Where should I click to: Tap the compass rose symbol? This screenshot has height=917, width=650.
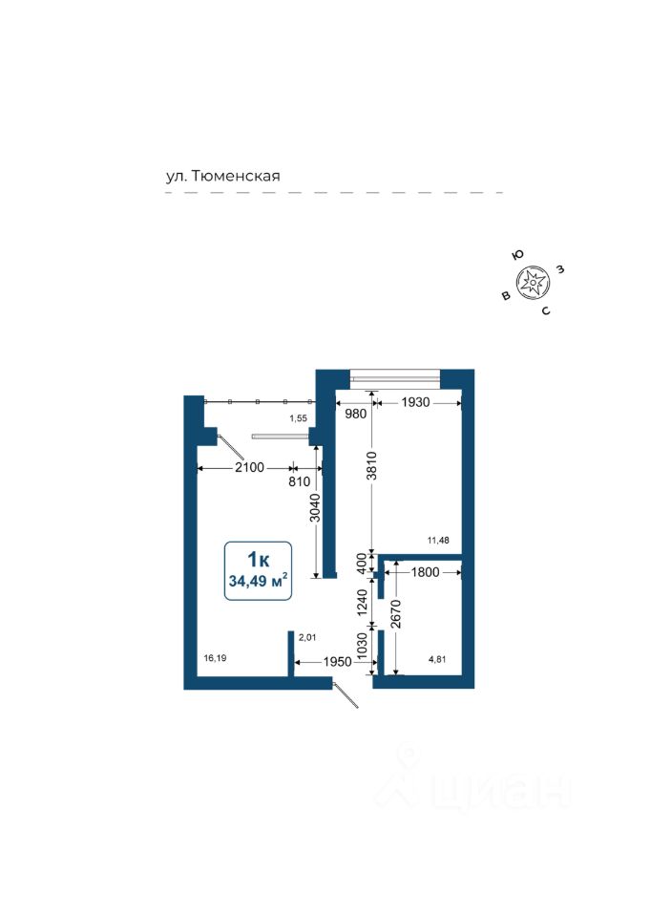pos(532,282)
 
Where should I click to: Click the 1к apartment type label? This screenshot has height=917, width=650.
pos(257,560)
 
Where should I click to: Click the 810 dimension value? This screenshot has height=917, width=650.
pos(301,482)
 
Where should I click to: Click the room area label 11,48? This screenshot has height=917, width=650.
pos(438,540)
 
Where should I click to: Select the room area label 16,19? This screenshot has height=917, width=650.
pos(215,658)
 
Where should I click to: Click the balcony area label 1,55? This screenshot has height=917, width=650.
pos(299,419)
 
